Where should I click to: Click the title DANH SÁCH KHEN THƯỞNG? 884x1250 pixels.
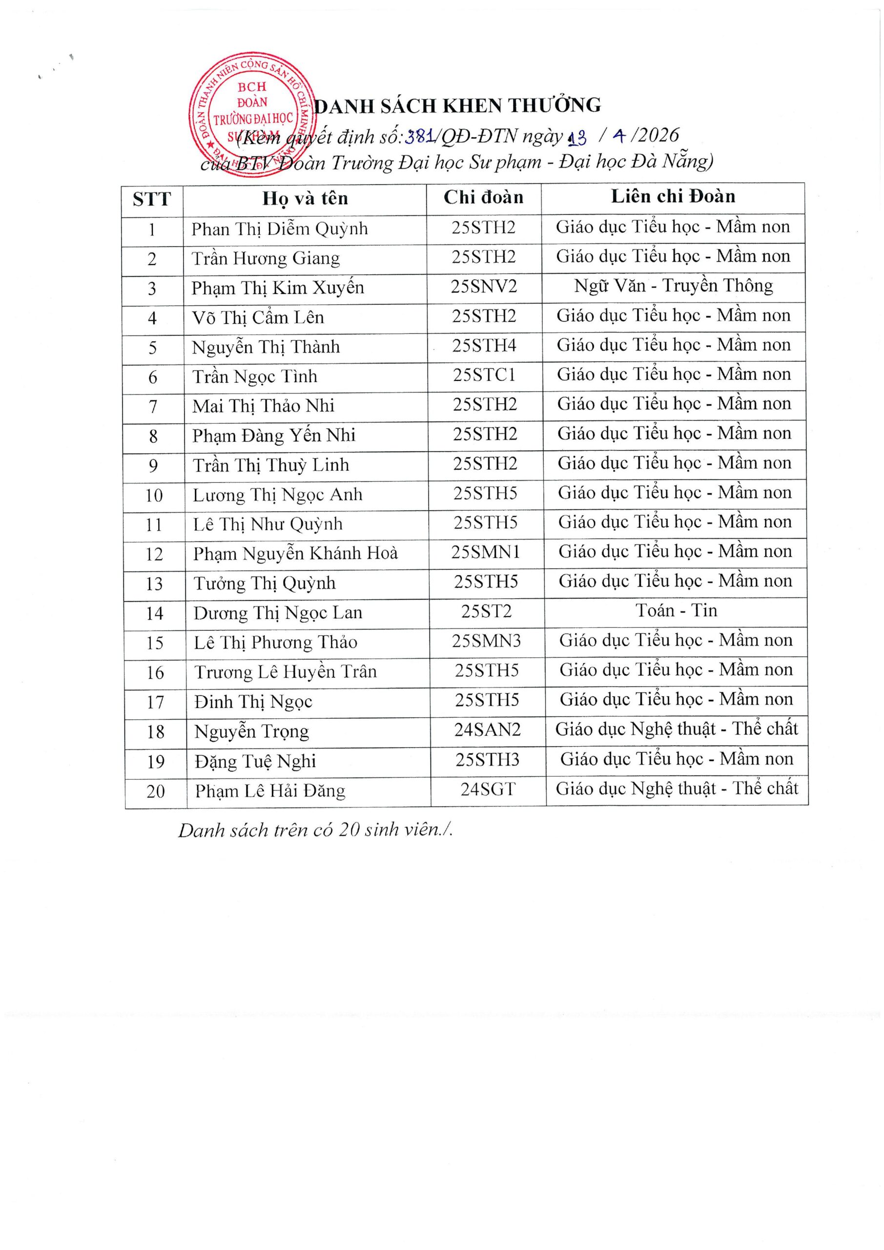[x=458, y=105]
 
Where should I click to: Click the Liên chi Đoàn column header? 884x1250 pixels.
[x=673, y=197]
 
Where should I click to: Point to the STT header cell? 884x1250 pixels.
[x=152, y=199]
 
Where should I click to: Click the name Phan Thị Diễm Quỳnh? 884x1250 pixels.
[x=279, y=229]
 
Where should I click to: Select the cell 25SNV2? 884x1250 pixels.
[x=483, y=286]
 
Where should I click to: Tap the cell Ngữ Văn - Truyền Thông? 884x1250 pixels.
[x=673, y=286]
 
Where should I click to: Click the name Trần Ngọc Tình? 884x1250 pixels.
[x=254, y=377]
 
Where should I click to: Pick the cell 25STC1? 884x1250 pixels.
[x=484, y=375]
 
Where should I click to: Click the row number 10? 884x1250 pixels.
[x=154, y=496]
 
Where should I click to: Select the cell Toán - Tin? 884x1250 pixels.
[x=676, y=611]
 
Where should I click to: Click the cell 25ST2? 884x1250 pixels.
[x=486, y=611]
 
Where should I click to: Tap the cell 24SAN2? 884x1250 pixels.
[x=487, y=729]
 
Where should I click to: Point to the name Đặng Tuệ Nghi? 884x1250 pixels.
[x=255, y=761]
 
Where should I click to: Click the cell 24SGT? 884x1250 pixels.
[x=488, y=789]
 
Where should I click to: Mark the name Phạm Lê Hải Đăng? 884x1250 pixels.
[x=270, y=791]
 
